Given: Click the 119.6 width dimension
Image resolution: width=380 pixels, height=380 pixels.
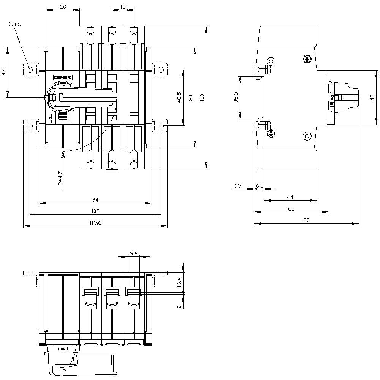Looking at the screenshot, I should (95, 223).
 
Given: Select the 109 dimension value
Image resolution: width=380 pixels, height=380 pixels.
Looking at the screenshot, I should (95, 211).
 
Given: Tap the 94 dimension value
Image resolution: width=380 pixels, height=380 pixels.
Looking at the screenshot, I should (95, 199).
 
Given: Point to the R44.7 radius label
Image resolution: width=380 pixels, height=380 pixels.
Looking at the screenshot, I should (60, 178).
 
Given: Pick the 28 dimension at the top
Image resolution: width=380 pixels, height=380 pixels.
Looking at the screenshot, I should (63, 6).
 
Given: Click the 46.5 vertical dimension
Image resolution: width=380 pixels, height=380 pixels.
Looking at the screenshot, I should (179, 97).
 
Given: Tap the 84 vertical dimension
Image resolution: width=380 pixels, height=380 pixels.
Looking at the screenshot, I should (190, 97).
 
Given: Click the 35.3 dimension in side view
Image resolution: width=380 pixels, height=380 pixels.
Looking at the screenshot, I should (236, 97).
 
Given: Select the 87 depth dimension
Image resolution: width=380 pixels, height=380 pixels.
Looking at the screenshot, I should (306, 220).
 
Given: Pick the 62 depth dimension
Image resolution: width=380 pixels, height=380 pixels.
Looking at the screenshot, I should (291, 208).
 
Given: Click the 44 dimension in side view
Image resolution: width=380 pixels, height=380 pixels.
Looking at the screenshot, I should (290, 197).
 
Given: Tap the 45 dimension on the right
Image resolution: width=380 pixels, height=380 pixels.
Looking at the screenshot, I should (372, 97).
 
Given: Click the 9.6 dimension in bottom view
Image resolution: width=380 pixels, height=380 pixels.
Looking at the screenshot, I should (134, 253).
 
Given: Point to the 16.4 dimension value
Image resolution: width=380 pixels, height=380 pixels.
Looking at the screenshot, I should (179, 282).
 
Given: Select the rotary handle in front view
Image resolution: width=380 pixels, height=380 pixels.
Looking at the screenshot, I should (87, 98).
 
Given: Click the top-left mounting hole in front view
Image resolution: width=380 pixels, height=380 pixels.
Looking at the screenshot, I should (30, 70).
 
